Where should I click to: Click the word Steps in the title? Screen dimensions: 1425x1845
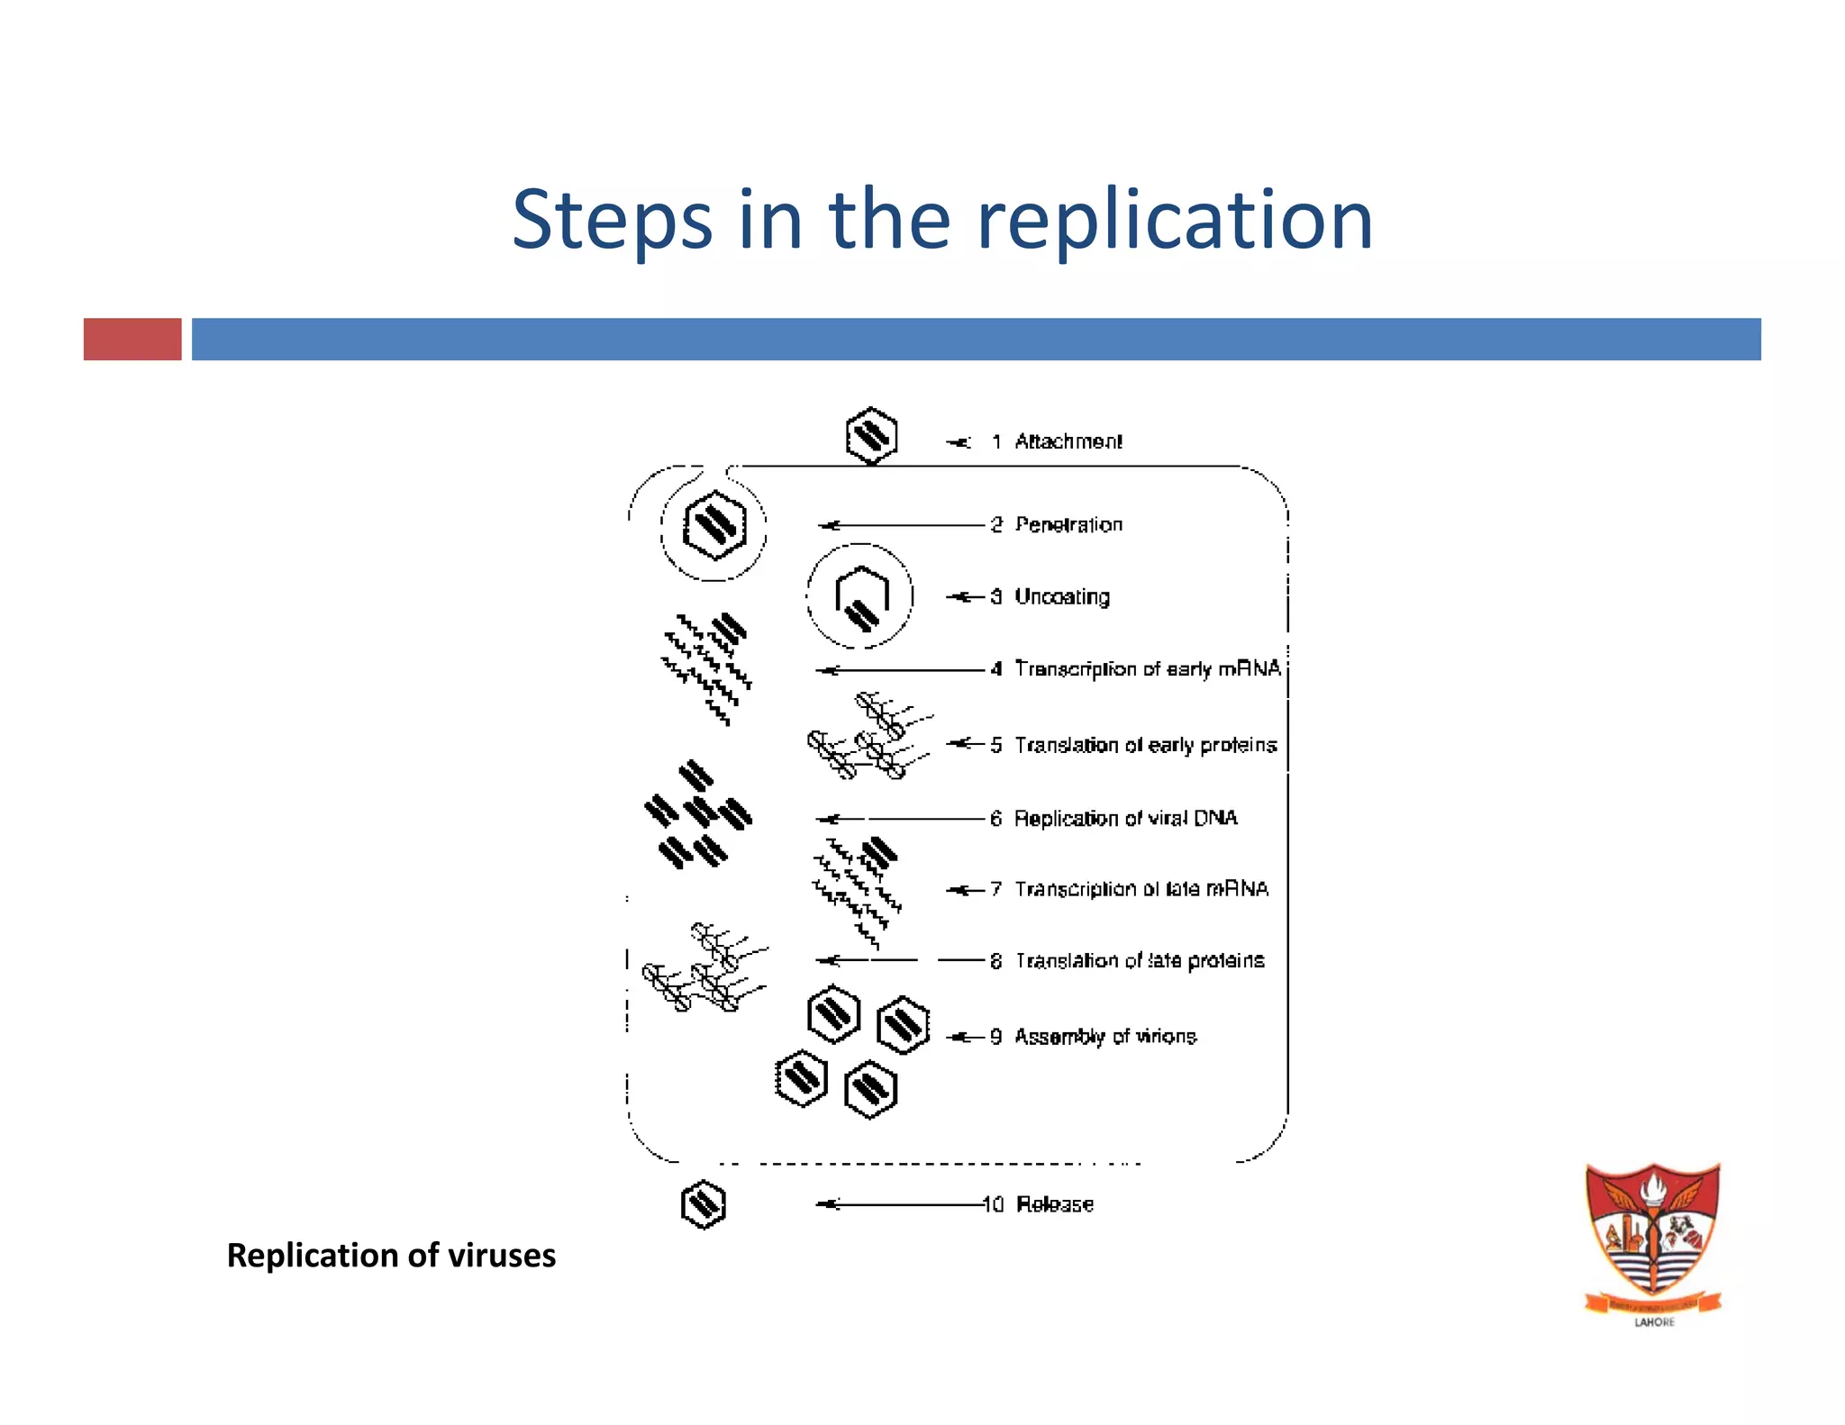[x=612, y=221]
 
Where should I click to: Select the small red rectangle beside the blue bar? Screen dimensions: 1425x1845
[x=132, y=339]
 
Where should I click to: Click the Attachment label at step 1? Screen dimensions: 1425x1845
[x=1068, y=441]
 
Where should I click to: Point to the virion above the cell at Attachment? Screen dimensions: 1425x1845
[x=871, y=436]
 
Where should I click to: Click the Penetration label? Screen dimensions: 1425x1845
[x=1068, y=524]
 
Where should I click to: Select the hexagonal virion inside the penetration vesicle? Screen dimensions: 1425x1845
[x=714, y=525]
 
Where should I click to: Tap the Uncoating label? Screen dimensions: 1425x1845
[x=1062, y=596]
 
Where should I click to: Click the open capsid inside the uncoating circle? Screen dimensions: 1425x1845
[x=861, y=597]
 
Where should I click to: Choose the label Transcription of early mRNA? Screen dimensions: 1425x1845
[x=1147, y=668]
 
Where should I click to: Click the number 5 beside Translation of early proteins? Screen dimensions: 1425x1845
[x=995, y=745]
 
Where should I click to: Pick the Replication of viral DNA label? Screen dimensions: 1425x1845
[x=1125, y=818]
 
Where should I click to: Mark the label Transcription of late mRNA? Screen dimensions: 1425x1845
[x=1141, y=889]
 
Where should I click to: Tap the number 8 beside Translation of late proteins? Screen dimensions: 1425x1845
[x=995, y=961]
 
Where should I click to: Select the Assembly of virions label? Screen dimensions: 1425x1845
[x=1105, y=1037]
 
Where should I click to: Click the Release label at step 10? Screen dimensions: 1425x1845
[x=1054, y=1204]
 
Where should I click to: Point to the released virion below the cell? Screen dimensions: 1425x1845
[x=704, y=1204]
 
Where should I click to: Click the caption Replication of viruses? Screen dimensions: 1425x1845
[x=391, y=1256]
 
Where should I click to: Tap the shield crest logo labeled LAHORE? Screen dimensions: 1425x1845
[x=1653, y=1239]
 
